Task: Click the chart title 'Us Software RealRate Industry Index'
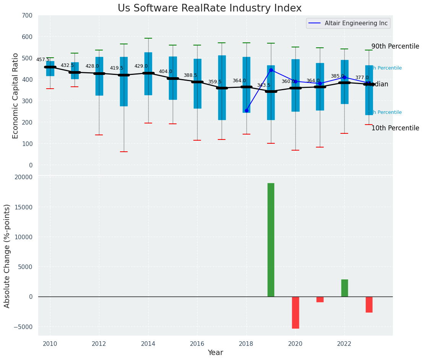[209, 8]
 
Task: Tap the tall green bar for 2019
[271, 240]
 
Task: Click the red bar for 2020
[295, 312]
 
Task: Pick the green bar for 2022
[344, 288]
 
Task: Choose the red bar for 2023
[369, 304]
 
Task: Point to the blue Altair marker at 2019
[271, 70]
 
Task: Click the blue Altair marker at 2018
[246, 110]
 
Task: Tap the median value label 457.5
[43, 60]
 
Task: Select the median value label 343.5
[264, 85]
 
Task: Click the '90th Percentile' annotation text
[395, 46]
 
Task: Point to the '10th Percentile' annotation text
[395, 128]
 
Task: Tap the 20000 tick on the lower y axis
[23, 177]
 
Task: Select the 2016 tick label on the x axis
[197, 344]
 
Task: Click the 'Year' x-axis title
[215, 353]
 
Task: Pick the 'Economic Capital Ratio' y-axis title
[16, 96]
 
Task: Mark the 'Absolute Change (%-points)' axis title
[7, 256]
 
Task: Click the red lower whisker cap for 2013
[123, 152]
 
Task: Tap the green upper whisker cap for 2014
[148, 38]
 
